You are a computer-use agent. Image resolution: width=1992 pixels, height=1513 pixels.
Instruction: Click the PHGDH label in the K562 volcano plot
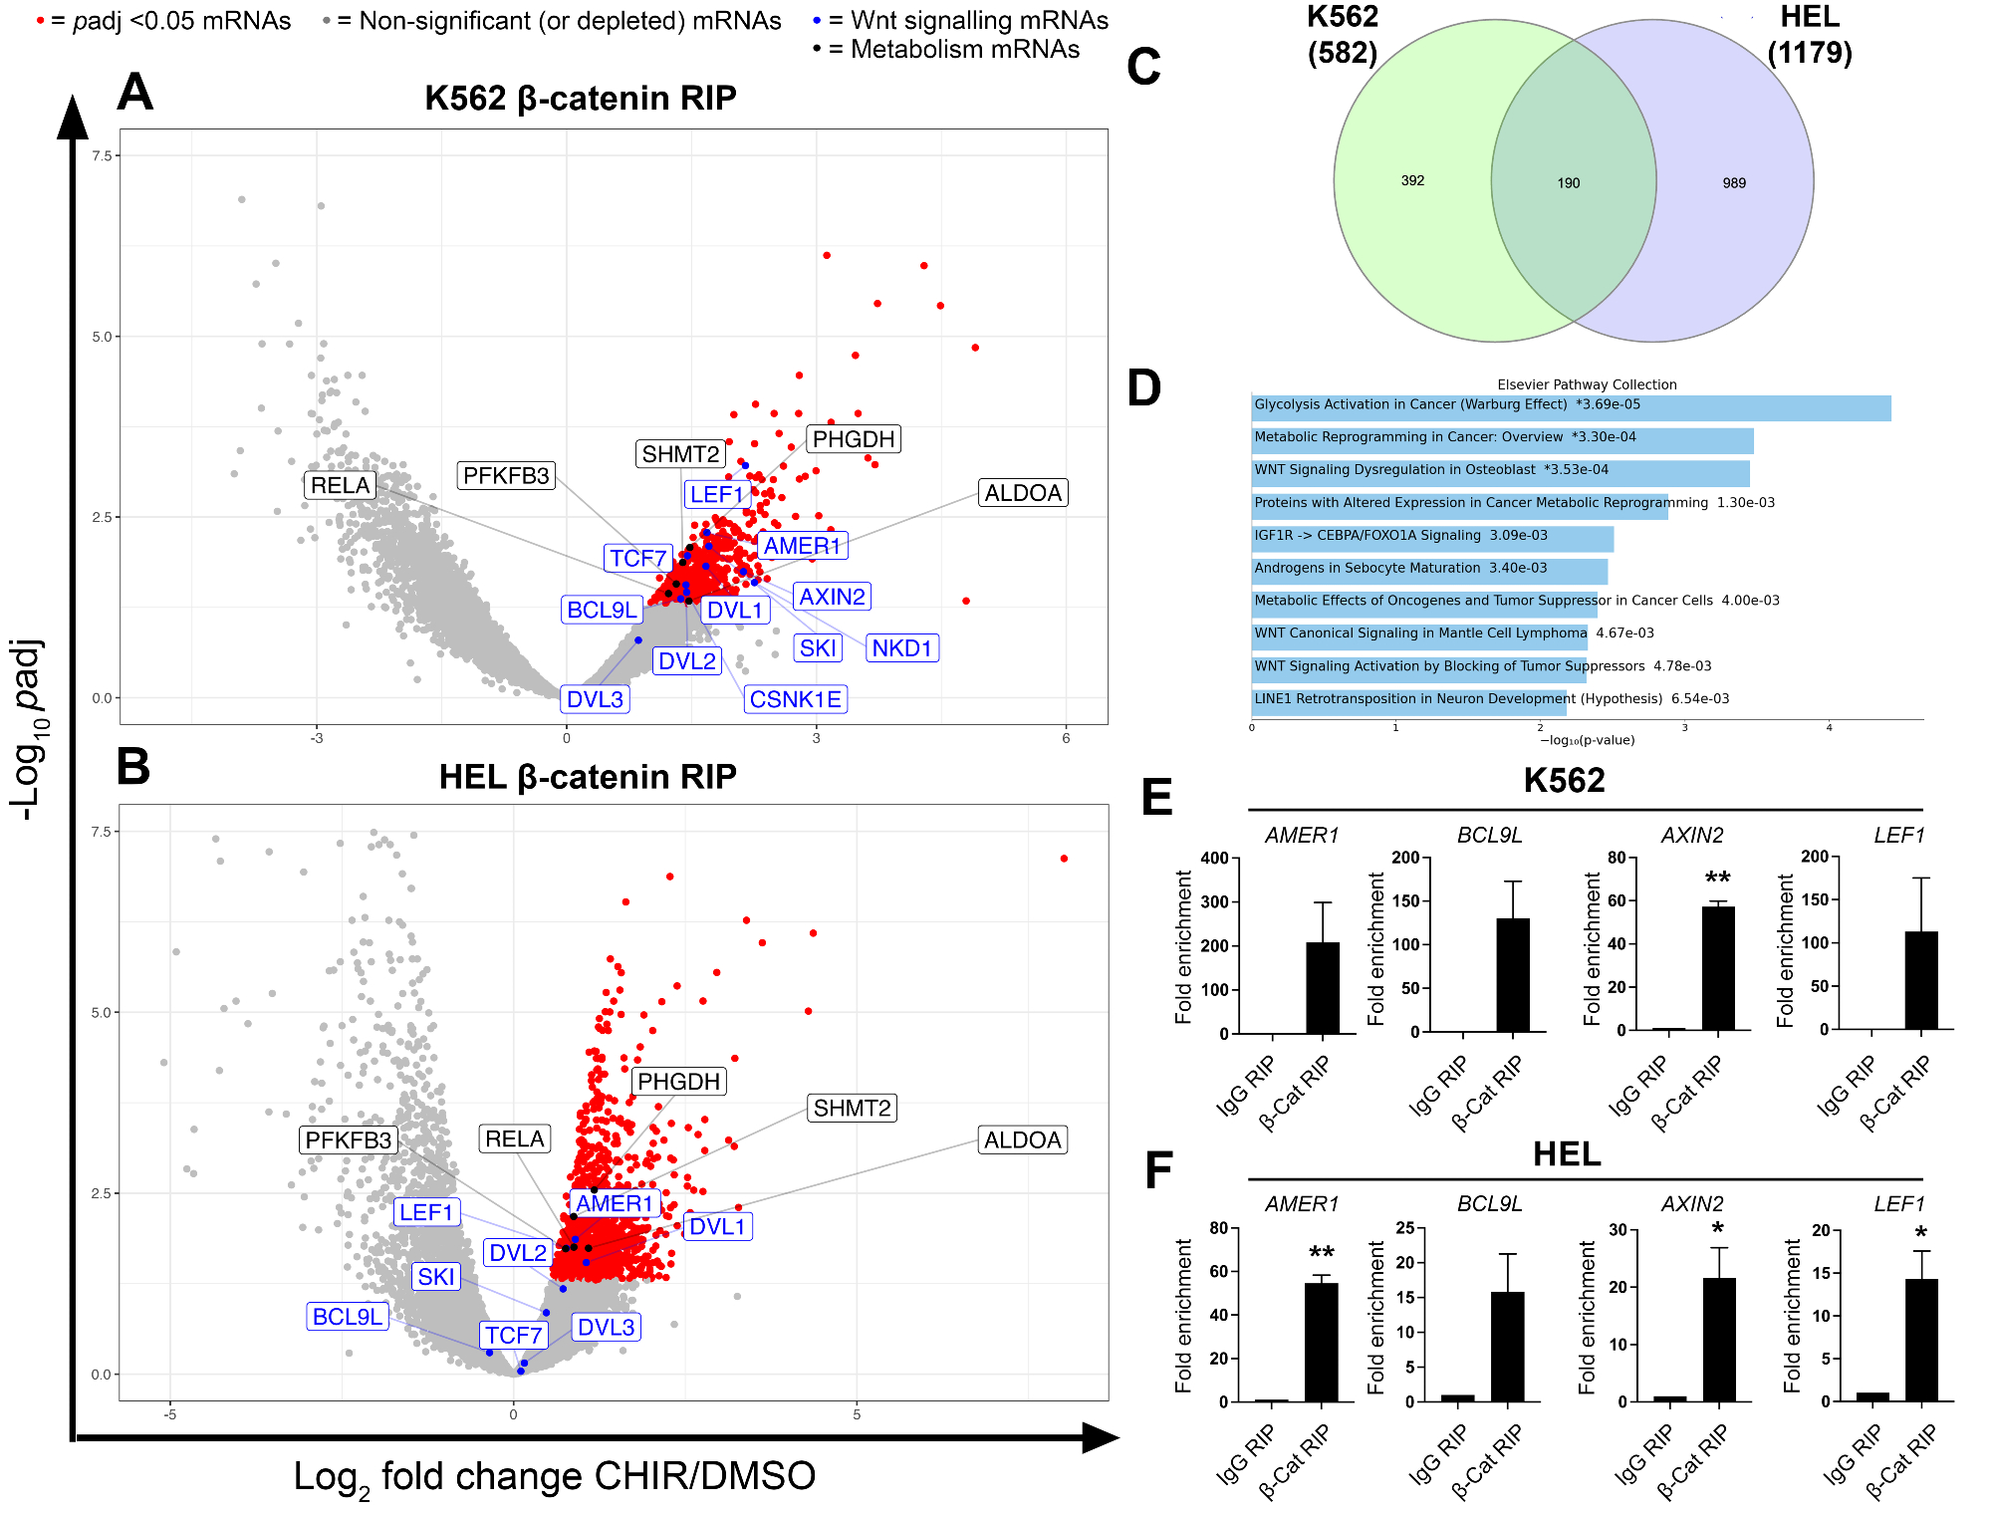point(854,439)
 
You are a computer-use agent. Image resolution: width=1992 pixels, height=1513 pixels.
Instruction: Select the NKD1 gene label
point(901,648)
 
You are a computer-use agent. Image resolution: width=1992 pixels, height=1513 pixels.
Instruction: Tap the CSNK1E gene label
point(795,699)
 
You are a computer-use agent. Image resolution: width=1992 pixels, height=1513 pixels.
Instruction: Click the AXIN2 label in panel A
point(832,597)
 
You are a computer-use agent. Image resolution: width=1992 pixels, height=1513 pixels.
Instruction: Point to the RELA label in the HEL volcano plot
point(515,1138)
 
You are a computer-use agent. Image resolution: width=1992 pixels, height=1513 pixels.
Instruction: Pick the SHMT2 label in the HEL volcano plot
point(852,1108)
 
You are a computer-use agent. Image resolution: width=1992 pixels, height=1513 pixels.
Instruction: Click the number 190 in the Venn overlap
point(1569,183)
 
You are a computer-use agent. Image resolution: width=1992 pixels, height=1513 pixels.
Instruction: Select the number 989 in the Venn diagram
point(1734,183)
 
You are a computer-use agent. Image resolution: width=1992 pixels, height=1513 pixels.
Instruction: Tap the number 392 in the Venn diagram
point(1412,181)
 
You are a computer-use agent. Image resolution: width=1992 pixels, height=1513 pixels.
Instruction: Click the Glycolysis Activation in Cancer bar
point(1571,408)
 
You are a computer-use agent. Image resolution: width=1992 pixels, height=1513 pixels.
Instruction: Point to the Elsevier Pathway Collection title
point(1587,384)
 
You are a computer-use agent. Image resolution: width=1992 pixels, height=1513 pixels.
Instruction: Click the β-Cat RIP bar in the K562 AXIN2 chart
point(1718,968)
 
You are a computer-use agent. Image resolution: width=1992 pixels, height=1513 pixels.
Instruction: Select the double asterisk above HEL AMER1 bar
point(1322,1253)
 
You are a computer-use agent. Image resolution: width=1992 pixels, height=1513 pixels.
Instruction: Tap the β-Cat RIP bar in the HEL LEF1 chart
point(1921,1340)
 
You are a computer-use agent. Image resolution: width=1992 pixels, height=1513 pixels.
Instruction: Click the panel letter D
point(1144,388)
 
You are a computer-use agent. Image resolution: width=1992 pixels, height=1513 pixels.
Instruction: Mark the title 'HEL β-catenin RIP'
point(588,777)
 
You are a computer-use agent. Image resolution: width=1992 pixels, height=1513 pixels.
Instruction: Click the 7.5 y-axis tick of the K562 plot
point(102,155)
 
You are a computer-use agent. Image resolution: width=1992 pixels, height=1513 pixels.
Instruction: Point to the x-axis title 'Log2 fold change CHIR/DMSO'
point(554,1477)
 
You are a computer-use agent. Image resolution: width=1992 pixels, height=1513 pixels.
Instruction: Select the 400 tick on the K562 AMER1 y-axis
point(1215,859)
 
